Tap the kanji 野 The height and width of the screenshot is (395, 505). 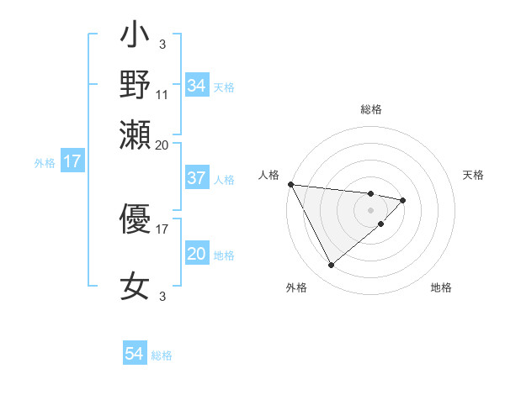tap(135, 84)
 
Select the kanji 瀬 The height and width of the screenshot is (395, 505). tap(135, 132)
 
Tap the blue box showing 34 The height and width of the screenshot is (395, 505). tap(196, 86)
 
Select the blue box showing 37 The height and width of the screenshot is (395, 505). tap(196, 178)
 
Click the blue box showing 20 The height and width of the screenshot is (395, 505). tap(196, 254)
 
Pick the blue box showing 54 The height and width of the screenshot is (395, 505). tap(135, 354)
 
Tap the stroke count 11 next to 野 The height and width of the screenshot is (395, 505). tap(162, 94)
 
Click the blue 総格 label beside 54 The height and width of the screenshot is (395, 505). tap(162, 355)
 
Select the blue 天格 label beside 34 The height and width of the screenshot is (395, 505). tap(224, 87)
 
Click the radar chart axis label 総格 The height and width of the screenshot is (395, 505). tap(371, 109)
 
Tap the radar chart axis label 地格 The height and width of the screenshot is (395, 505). tap(441, 287)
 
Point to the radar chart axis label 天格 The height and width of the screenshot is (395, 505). tap(474, 175)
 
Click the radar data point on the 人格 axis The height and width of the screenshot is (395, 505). tap(290, 183)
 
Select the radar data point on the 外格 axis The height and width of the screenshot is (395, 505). tap(331, 266)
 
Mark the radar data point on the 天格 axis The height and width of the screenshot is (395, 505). tap(403, 200)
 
